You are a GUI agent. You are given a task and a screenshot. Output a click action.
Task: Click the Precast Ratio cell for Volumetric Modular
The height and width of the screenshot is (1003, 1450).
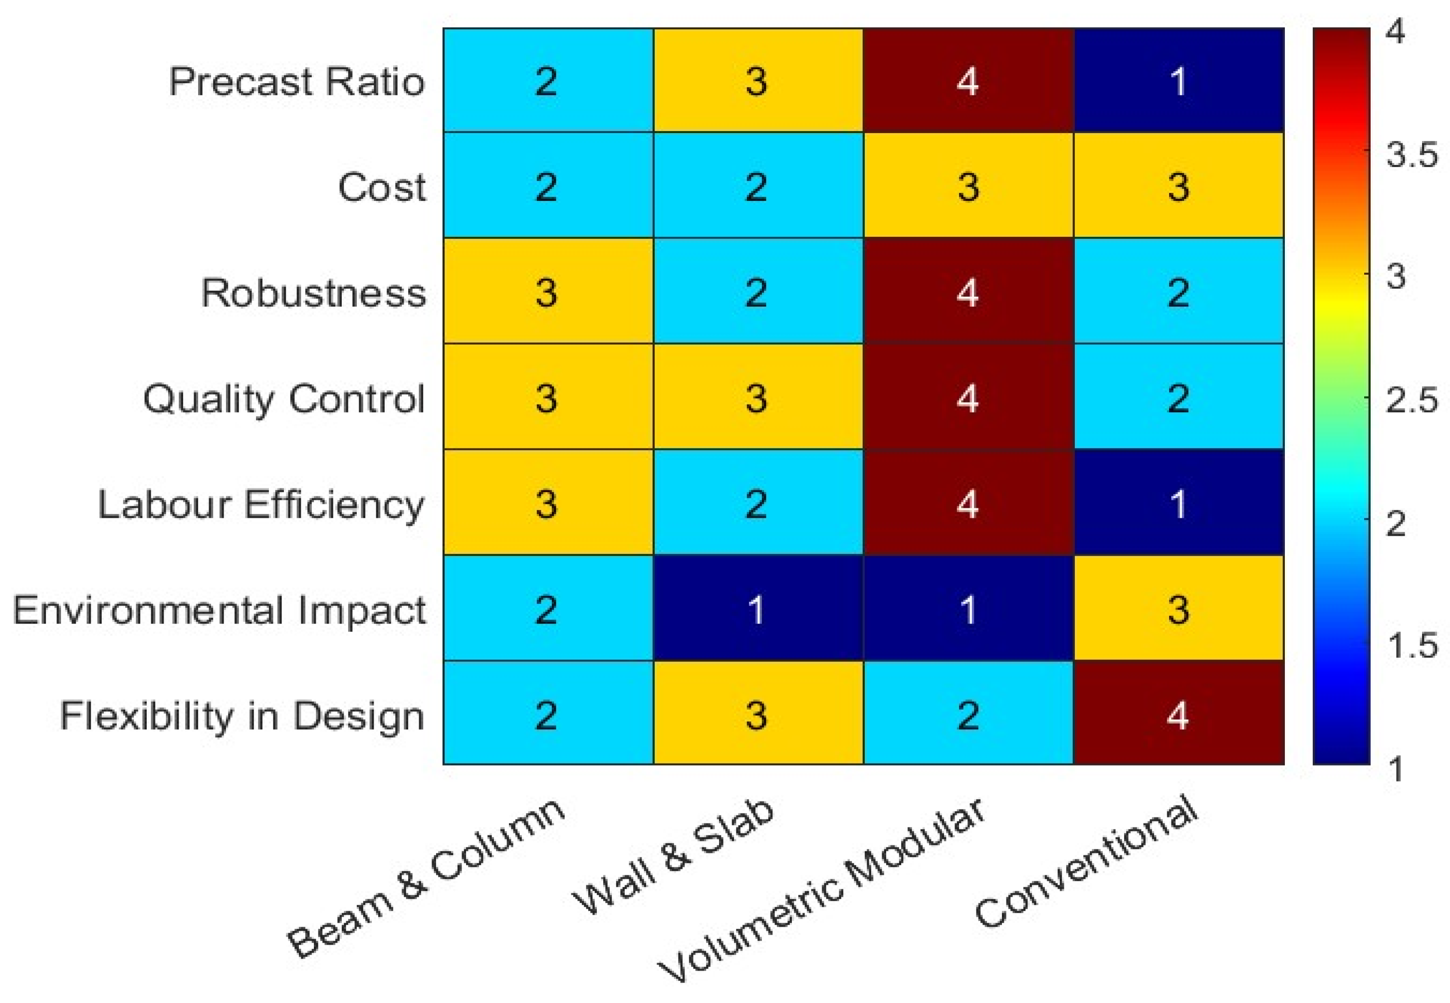[967, 80]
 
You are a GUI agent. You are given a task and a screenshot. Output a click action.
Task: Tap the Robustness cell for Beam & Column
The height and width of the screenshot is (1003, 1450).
[547, 292]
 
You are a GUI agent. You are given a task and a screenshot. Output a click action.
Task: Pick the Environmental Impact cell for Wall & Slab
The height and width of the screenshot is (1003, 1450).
[757, 608]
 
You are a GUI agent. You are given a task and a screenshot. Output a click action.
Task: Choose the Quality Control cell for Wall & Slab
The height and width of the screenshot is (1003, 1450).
[757, 397]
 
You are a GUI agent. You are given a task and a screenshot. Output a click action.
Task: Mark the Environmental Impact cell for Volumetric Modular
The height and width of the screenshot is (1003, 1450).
[967, 608]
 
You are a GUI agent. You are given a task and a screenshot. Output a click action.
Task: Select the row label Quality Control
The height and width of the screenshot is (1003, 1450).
[283, 400]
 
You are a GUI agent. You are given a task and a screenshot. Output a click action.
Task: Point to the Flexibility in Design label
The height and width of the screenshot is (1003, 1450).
[242, 716]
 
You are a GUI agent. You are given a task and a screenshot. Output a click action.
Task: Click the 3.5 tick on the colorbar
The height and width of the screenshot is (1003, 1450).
[1411, 155]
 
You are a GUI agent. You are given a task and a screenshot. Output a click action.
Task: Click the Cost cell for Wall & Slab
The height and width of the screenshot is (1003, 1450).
[757, 186]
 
